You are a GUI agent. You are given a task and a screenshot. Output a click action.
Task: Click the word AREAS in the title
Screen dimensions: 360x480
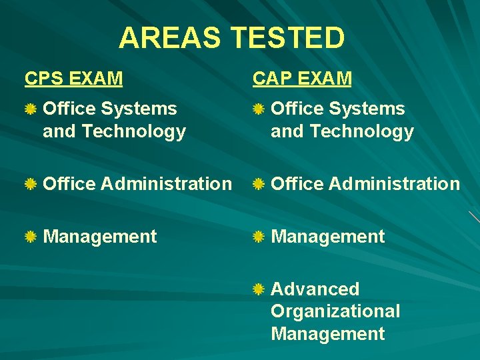coord(169,38)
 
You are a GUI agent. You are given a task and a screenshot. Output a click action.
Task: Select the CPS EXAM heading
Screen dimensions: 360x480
coord(73,79)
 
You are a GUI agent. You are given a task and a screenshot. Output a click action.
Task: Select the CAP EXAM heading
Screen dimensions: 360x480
coord(301,79)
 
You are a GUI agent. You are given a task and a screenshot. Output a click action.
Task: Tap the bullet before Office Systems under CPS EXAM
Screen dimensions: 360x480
coord(31,109)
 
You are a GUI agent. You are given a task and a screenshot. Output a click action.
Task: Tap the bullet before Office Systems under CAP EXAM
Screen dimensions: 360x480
coord(259,109)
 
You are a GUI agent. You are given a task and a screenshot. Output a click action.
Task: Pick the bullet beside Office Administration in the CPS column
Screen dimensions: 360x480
coord(31,184)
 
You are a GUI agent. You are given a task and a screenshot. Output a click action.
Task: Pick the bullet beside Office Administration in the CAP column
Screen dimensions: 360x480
coord(259,184)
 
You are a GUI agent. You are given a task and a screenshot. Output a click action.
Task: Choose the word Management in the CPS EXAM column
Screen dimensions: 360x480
coord(100,237)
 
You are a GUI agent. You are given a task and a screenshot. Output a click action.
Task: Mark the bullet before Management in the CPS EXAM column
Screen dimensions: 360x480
coord(31,237)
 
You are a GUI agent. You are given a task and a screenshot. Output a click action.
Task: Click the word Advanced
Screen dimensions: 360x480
coord(315,289)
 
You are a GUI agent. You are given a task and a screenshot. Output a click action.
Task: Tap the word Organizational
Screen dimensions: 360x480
coord(335,311)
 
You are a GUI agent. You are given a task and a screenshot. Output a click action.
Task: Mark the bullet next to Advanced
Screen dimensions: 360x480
coord(259,289)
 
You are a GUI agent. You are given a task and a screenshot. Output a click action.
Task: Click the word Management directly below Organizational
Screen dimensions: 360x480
coord(327,333)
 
